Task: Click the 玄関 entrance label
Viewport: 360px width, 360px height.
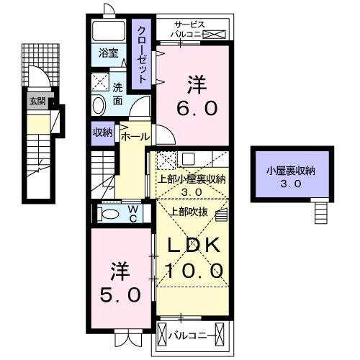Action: point(37,101)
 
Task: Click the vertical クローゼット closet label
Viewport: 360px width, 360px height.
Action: point(142,53)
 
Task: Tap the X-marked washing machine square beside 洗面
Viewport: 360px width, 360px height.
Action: point(101,81)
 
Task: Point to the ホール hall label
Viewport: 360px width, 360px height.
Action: point(135,135)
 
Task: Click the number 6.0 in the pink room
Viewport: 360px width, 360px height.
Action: point(193,109)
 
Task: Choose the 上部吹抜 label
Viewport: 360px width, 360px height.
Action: point(188,211)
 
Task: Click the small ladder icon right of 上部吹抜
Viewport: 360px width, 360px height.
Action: point(220,212)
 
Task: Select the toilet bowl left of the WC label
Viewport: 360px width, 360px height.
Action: point(109,214)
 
